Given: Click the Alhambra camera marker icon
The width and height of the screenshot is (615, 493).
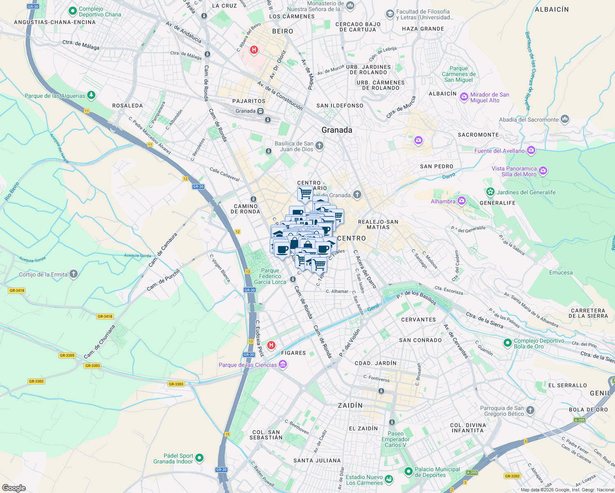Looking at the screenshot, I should (x=461, y=201).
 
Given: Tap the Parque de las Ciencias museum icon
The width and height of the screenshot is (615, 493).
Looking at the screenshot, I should (x=282, y=364).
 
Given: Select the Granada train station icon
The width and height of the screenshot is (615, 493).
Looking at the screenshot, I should (x=260, y=111).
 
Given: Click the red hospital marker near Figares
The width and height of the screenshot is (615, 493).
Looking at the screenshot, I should (x=271, y=345).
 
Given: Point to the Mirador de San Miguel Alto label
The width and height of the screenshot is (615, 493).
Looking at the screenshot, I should (x=489, y=97).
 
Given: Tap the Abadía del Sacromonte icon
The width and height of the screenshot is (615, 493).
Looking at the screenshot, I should (x=565, y=120).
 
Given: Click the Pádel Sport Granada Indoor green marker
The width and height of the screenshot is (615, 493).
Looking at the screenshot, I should (x=199, y=458).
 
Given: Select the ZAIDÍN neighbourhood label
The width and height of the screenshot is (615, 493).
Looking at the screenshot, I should (x=350, y=405).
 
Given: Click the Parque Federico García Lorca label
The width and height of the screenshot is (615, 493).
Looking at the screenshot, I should (x=270, y=276).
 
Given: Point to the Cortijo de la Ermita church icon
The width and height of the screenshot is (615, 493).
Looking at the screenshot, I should (x=74, y=274).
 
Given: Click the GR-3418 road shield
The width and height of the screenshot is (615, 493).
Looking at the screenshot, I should (x=16, y=290).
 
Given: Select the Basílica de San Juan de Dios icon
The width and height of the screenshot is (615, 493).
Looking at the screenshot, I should (x=319, y=146).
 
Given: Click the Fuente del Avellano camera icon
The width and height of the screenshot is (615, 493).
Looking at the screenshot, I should (x=531, y=150).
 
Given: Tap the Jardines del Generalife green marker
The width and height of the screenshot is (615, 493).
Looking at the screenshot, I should (x=490, y=192).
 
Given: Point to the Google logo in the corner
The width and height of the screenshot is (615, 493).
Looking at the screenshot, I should (x=14, y=488).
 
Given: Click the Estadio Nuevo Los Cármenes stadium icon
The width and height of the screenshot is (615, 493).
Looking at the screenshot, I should (x=389, y=479).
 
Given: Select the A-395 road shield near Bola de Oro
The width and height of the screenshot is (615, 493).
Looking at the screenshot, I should (x=579, y=420).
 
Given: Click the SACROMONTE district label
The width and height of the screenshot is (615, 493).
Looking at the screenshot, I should (x=478, y=135).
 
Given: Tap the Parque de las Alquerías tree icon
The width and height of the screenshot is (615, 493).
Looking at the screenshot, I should (x=91, y=95).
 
